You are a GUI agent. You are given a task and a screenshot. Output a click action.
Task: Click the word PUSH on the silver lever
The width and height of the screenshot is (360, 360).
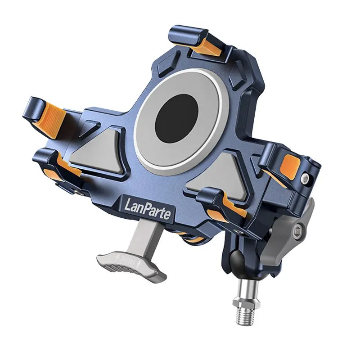129,261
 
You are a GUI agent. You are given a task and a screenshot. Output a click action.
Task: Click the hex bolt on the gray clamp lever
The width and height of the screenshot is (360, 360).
298,230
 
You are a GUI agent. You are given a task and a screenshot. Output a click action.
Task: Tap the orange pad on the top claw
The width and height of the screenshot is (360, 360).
208,48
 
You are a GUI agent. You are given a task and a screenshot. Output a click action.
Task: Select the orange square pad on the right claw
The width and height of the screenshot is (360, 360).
290,166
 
